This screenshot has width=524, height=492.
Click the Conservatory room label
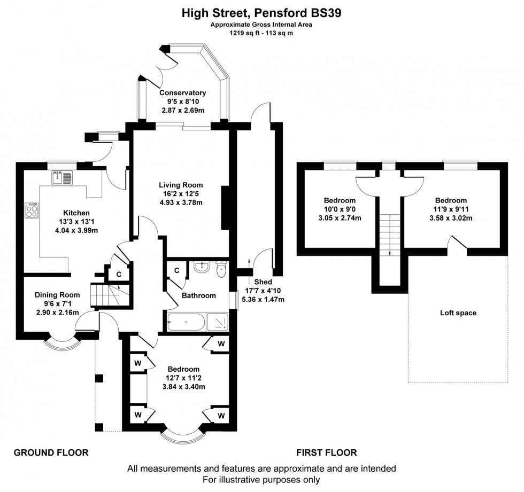[183, 92]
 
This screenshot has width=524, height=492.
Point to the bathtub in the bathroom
[186, 323]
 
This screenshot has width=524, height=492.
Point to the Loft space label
[458, 313]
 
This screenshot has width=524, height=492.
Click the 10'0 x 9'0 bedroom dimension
[340, 209]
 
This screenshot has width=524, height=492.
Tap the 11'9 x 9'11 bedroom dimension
[450, 209]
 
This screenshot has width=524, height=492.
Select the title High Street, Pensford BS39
[261, 13]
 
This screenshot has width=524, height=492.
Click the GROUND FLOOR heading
[51, 452]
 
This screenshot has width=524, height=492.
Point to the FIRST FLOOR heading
[326, 452]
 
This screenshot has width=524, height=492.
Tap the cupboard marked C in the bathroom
[176, 270]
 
